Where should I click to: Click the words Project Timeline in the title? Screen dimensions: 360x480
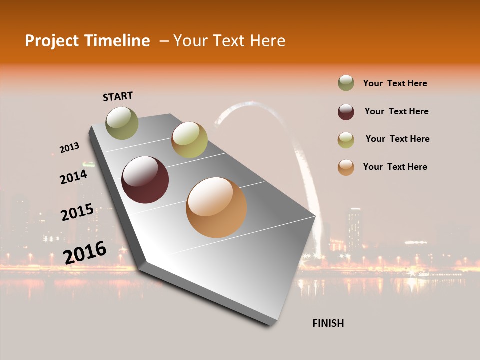[x=87, y=41]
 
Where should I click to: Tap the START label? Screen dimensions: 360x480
[x=118, y=96]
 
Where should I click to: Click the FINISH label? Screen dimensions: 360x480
[x=328, y=323]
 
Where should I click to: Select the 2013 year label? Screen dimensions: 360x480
[x=69, y=148]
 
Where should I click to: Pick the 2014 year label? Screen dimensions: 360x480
[x=73, y=177]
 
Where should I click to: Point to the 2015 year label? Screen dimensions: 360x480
[x=77, y=212]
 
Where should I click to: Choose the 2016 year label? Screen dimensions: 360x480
[x=85, y=252]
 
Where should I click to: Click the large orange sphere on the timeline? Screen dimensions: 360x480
[x=216, y=207]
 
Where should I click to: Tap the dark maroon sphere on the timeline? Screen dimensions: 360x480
[x=145, y=180]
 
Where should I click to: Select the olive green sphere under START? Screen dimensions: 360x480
[x=122, y=123]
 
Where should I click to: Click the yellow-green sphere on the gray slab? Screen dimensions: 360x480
[x=189, y=140]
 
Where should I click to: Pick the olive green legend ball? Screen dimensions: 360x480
[x=346, y=83]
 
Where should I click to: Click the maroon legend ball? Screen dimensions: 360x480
[x=346, y=112]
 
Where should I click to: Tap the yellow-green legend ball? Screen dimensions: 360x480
[x=346, y=140]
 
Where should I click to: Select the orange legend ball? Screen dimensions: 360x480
[x=346, y=167]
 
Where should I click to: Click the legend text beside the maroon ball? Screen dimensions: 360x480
[x=396, y=111]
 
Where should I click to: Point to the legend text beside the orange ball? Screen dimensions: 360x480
[x=395, y=167]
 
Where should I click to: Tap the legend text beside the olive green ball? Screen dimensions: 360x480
[x=395, y=83]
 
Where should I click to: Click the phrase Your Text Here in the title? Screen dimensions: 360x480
[x=229, y=41]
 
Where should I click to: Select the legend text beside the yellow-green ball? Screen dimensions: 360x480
[x=397, y=139]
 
